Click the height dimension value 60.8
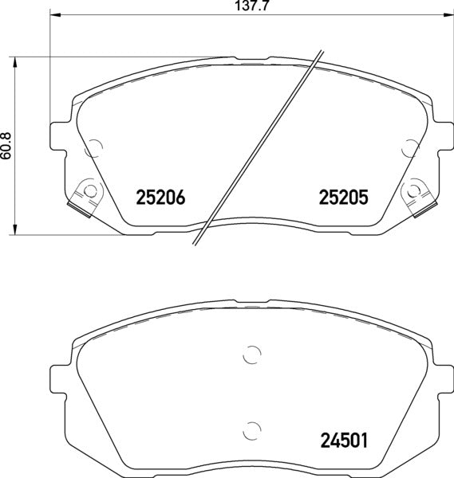(x=7, y=147)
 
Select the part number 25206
(x=161, y=196)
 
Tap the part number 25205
(x=343, y=196)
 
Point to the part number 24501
(x=343, y=439)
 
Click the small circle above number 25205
(x=410, y=147)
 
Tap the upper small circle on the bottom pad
(x=251, y=356)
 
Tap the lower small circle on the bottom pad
(x=251, y=427)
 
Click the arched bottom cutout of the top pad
(x=251, y=219)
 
